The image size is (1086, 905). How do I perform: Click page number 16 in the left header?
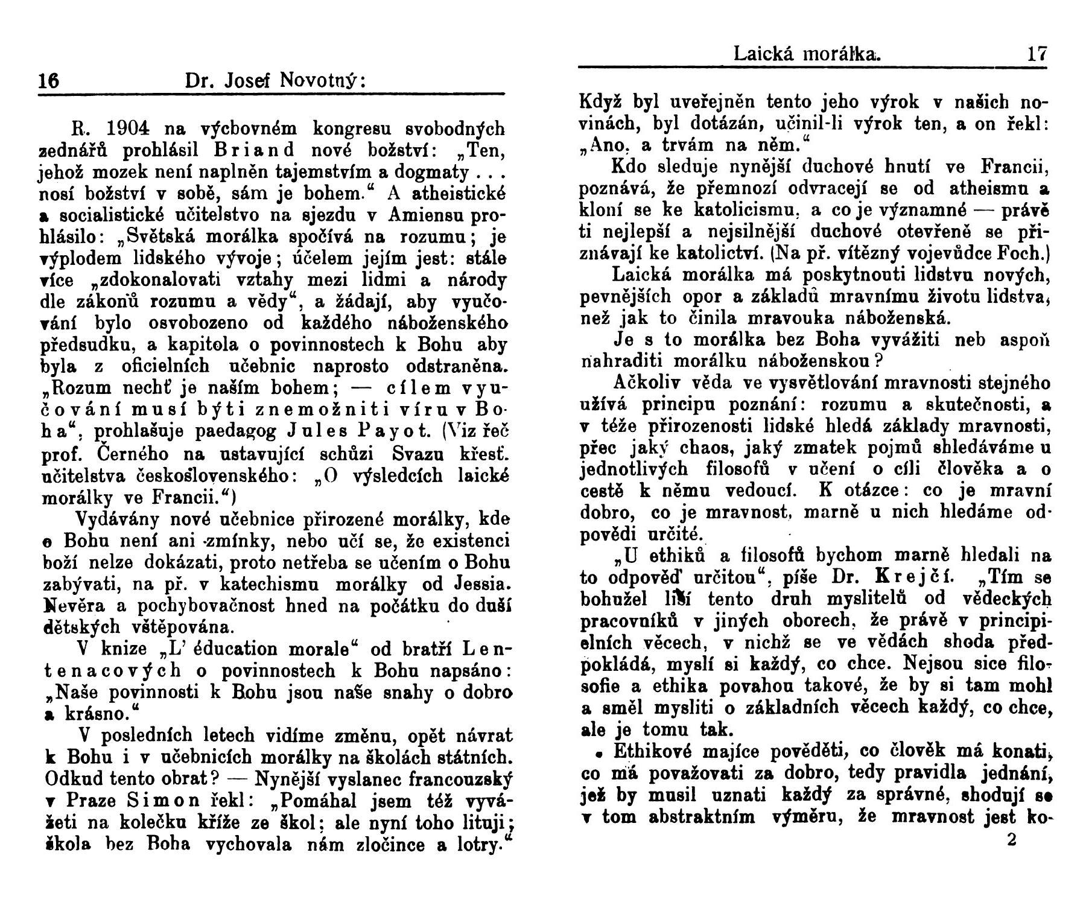click(48, 81)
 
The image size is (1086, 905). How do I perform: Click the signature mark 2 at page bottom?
click(1012, 839)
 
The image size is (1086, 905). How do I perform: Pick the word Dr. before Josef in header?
click(200, 81)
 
